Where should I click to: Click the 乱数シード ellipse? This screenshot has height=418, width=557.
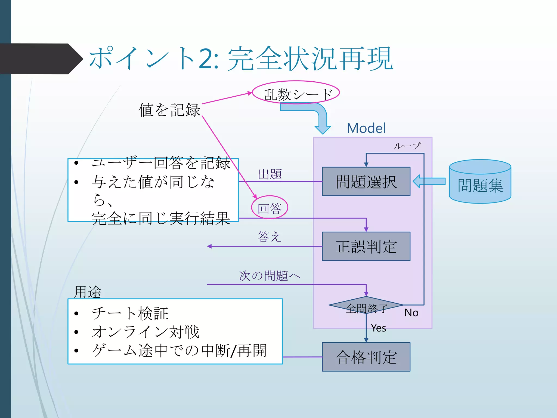tap(296, 93)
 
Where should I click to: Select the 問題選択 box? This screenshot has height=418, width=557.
tap(366, 182)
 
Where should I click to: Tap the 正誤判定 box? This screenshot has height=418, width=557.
tap(366, 246)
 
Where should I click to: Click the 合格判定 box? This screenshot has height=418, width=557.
tap(366, 357)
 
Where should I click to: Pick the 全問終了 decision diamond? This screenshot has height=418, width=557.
tap(366, 306)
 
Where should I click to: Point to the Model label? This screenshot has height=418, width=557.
tap(366, 128)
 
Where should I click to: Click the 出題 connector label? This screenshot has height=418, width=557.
tap(270, 174)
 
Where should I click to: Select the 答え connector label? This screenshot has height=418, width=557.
tap(269, 236)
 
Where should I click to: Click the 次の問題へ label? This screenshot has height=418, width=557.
tap(270, 276)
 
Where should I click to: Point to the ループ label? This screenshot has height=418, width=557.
tap(407, 146)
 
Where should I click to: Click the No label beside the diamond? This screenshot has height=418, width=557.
tap(411, 313)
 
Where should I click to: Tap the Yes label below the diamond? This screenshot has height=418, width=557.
tap(378, 328)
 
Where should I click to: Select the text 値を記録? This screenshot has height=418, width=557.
tap(169, 110)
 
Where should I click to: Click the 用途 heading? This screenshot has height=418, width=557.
tap(88, 292)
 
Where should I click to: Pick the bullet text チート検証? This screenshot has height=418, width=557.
tap(130, 313)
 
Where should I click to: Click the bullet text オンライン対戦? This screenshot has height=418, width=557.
tap(146, 332)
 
